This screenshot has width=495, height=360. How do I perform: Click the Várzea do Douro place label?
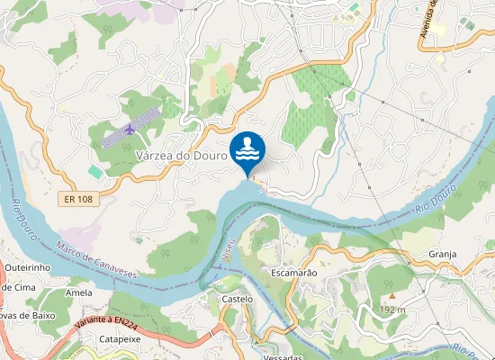click(x=180, y=156)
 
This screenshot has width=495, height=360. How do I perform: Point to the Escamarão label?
click(x=294, y=271)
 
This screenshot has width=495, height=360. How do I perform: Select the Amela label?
click(x=79, y=292)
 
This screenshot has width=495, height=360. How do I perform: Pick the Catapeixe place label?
click(x=120, y=339)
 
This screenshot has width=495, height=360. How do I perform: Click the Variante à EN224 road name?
click(x=105, y=319)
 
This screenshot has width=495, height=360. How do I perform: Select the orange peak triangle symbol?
click(x=391, y=295)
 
